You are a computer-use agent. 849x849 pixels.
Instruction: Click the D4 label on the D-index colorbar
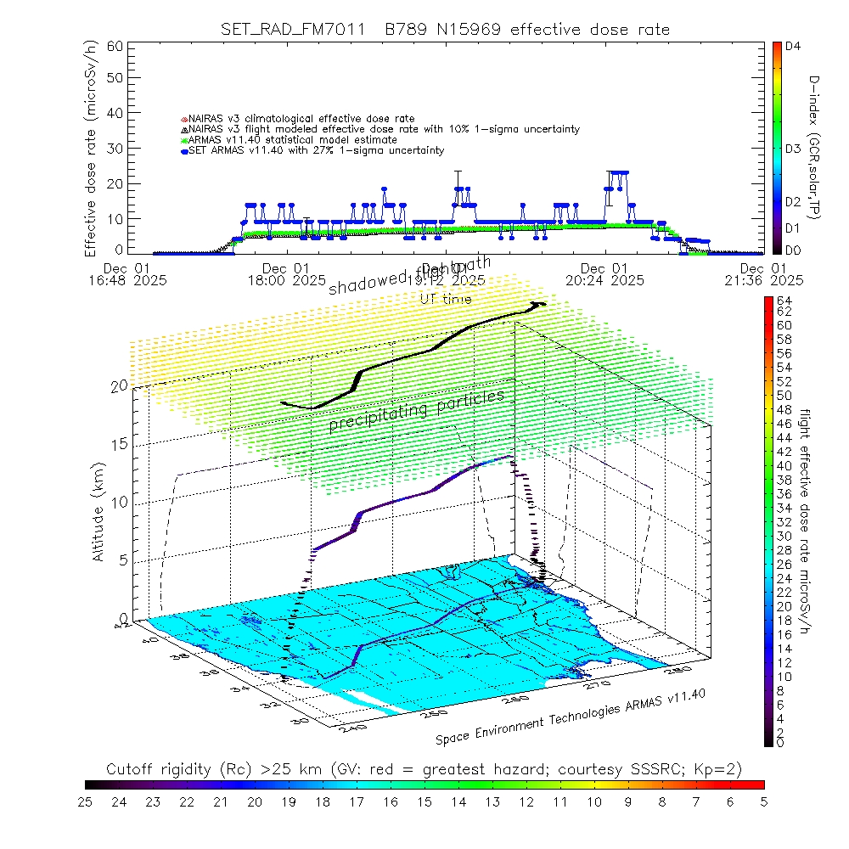(x=794, y=47)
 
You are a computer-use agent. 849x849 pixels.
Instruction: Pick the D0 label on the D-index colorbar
(x=794, y=250)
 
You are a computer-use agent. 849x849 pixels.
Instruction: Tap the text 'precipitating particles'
(x=417, y=410)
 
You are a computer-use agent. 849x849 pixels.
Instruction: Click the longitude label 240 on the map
(x=346, y=727)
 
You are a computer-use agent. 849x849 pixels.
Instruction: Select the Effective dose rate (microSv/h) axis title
(x=91, y=149)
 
